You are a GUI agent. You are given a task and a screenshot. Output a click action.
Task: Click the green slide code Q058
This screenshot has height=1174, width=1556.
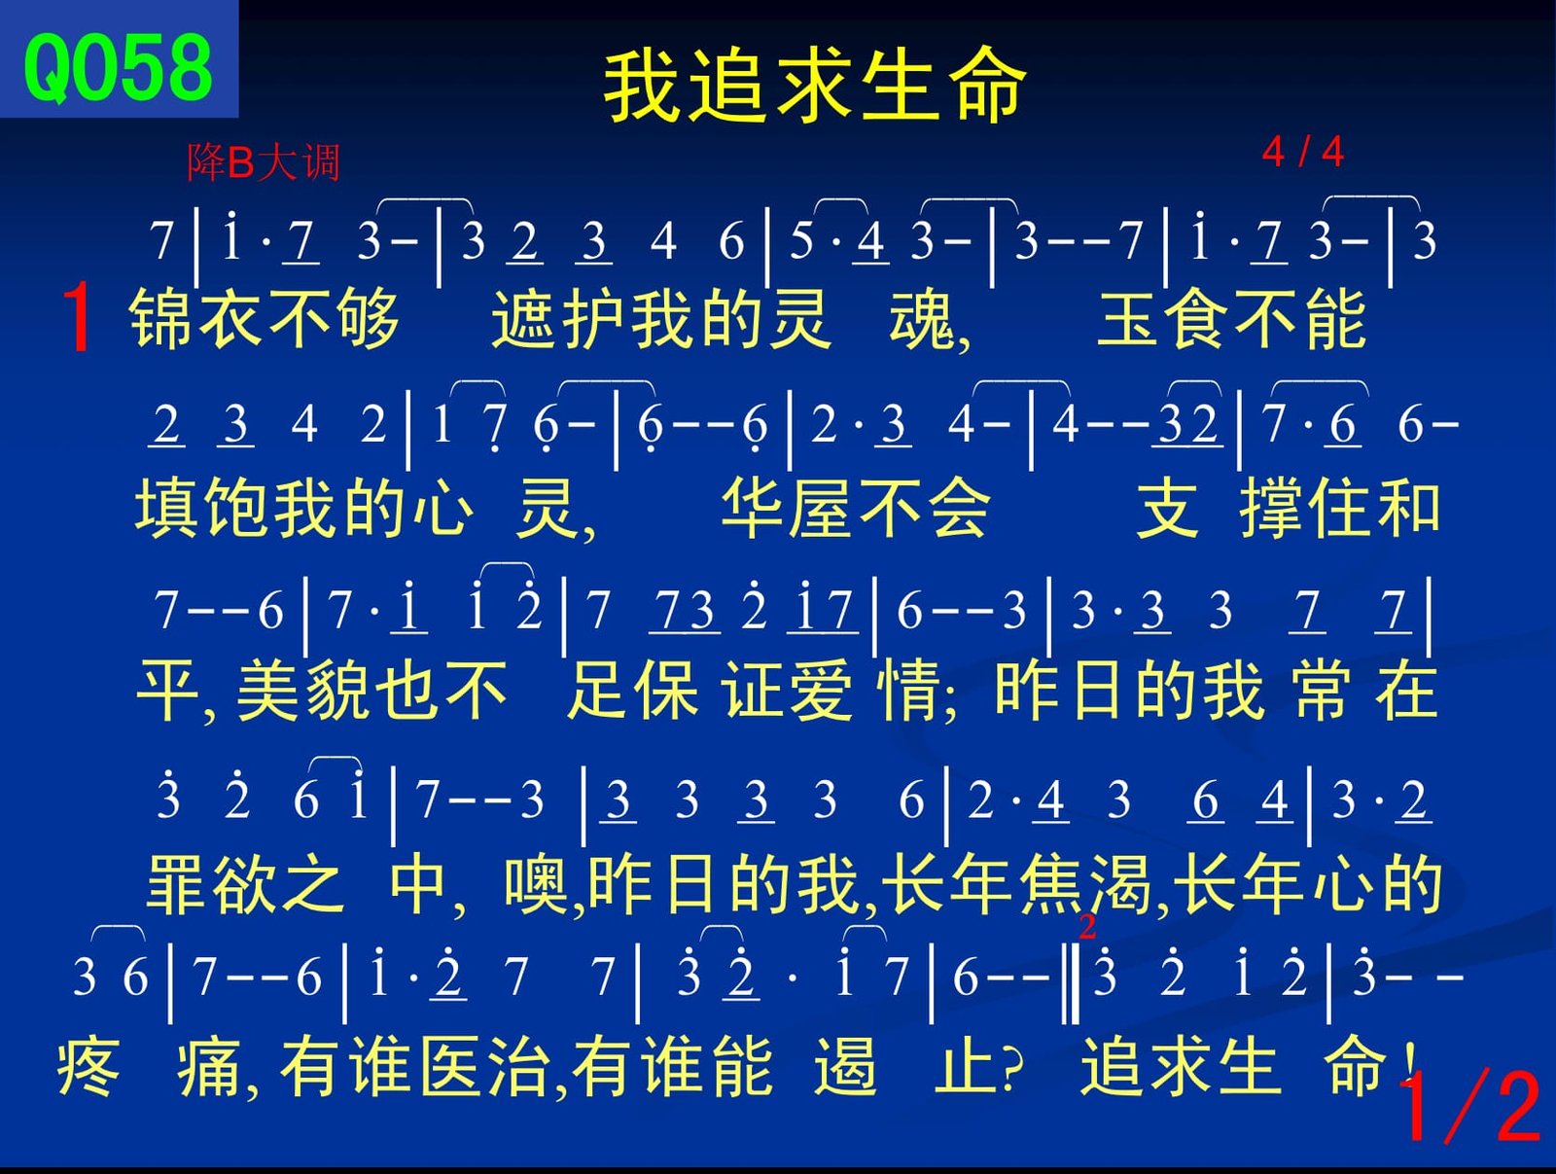119,68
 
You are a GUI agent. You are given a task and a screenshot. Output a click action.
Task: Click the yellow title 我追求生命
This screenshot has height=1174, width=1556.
814,88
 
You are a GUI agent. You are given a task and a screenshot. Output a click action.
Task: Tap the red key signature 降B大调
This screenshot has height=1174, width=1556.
264,162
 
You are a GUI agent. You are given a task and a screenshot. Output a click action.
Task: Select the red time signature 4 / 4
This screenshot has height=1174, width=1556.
1303,152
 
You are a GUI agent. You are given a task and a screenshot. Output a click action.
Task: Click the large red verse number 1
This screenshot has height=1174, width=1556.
77,317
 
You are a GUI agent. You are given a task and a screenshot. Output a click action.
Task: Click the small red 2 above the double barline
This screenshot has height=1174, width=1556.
1086,927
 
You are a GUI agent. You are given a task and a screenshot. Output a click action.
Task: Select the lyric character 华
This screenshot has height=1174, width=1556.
753,508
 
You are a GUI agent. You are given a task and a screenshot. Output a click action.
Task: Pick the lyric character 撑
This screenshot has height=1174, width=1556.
1270,508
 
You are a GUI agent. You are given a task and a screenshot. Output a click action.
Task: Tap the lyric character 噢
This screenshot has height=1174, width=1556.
536,883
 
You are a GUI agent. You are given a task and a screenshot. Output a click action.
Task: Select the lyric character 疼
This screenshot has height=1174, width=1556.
88,1066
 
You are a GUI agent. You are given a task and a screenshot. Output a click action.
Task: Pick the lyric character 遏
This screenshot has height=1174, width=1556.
845,1066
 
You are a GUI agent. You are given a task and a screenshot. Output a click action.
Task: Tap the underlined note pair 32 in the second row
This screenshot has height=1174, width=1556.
1187,425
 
